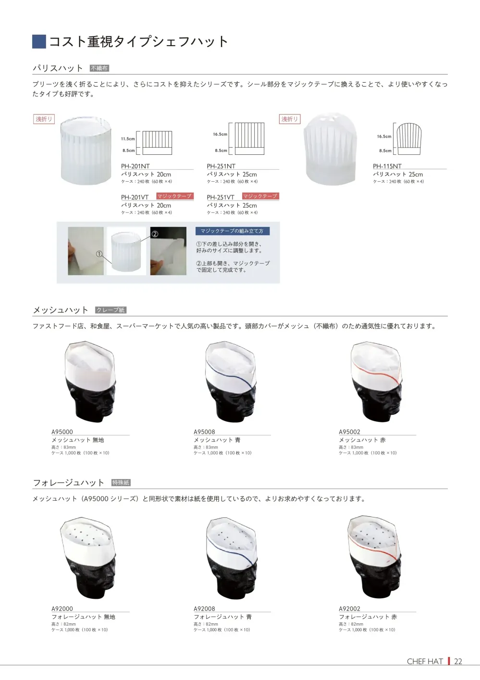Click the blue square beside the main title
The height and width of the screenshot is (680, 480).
tap(39, 41)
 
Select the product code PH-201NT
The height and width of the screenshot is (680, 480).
tap(135, 166)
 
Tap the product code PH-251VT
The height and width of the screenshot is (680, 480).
tap(221, 197)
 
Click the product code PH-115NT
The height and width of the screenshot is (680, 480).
tap(387, 166)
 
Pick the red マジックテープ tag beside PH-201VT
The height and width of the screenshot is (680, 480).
tap(174, 196)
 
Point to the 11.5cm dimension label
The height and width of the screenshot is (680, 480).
tap(128, 139)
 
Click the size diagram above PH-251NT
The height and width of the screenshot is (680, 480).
tap(249, 138)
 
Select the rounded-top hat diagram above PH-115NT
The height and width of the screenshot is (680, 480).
tap(409, 139)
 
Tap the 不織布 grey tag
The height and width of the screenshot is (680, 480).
tap(99, 68)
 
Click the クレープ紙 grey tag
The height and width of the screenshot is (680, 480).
tap(111, 310)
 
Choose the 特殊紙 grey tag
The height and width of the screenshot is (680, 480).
tap(121, 482)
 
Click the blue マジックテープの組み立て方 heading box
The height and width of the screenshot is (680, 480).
tap(233, 231)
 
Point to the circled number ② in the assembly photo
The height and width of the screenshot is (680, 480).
tap(155, 234)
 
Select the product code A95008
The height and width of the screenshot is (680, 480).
tap(204, 432)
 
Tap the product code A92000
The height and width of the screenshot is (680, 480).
tap(62, 608)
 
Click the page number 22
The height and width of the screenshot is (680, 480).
tap(458, 661)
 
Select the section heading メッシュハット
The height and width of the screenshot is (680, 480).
tap(61, 310)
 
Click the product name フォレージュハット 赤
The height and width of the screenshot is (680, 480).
tap(368, 617)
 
